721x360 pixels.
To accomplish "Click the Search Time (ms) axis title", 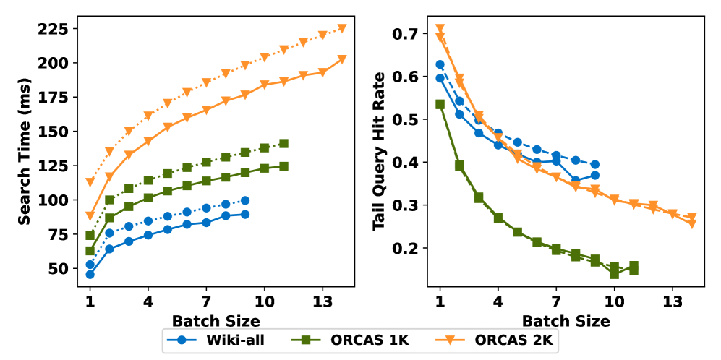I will pos(25,153).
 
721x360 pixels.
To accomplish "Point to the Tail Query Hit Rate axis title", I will pos(379,153).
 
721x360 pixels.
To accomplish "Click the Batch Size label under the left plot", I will pos(216,320).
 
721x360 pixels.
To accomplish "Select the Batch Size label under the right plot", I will pos(566,320).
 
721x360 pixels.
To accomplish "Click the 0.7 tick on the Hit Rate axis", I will pos(406,33).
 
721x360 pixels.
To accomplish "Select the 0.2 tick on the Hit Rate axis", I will pos(406,248).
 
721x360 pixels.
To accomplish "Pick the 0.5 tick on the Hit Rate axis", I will pos(406,119).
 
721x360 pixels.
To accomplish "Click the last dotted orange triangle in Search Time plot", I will pos(342,29).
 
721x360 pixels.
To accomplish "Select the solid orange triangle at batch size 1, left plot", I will pos(90,215).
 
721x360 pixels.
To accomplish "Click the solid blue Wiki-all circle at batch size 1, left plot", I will pos(90,275).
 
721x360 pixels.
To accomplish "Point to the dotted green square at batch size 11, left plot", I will pos(283,144).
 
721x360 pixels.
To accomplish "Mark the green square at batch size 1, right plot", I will pos(440,104).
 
